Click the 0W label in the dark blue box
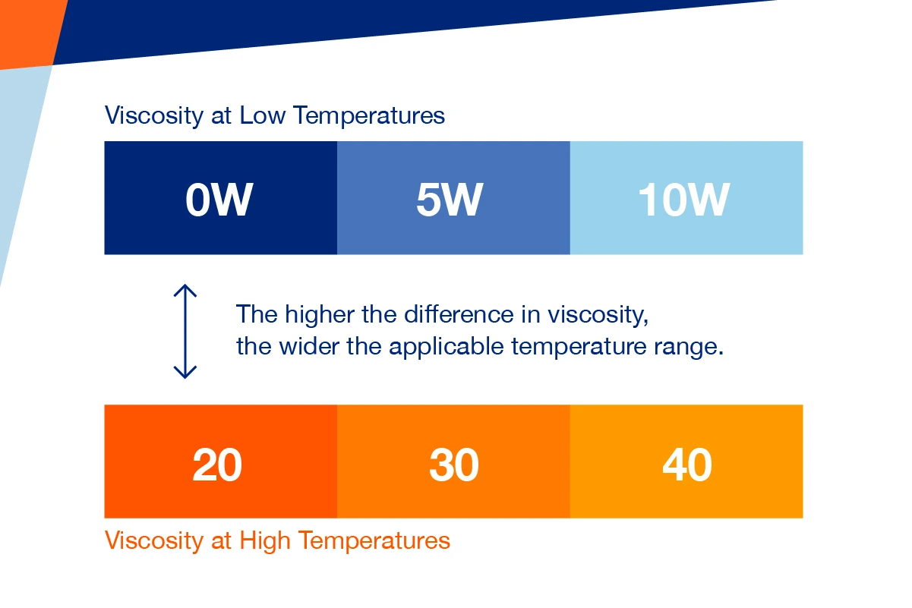[219, 200]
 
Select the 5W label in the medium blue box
[449, 200]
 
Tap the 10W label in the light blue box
[683, 200]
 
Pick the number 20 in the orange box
[217, 465]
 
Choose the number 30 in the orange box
[453, 465]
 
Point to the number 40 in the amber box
[686, 465]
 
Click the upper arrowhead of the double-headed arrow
[185, 291]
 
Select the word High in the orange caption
[265, 540]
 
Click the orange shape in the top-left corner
[27, 30]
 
